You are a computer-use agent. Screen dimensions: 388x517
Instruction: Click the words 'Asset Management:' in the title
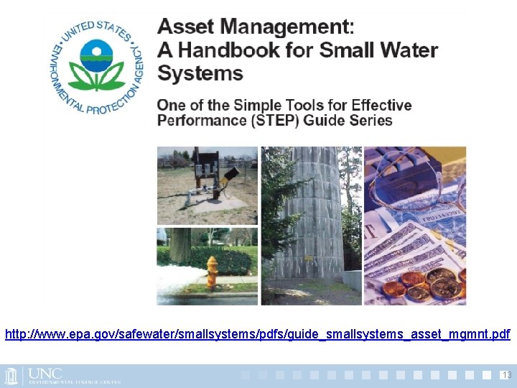coord(256,27)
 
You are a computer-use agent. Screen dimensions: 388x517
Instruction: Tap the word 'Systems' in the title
coord(200,73)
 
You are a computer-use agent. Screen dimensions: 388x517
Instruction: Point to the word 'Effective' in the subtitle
coord(376,105)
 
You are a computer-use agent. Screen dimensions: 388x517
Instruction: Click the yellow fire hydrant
coord(212,272)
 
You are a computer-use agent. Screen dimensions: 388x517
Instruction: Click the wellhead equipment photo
coord(207,185)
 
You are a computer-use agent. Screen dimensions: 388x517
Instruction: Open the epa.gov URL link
coord(257,334)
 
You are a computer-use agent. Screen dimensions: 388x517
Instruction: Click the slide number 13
coord(506,375)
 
